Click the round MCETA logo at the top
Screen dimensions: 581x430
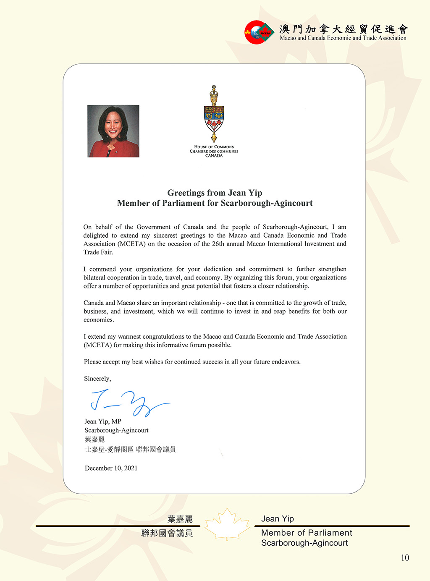(x=259, y=32)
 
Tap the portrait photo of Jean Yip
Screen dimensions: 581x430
(x=113, y=131)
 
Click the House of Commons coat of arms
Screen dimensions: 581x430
(x=214, y=114)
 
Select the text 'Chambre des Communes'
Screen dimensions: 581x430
(x=214, y=151)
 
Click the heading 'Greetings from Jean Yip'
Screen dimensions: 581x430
(x=215, y=193)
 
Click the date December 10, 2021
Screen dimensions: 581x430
(x=111, y=468)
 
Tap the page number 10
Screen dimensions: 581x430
(x=405, y=557)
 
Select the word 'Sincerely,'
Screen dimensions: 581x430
(x=97, y=378)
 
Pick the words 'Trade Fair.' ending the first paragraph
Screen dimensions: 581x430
(x=98, y=252)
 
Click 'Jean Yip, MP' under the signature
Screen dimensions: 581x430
(x=103, y=421)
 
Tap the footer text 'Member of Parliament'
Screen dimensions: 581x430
(x=307, y=533)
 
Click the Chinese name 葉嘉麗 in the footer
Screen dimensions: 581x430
(x=180, y=519)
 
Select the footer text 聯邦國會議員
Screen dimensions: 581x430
(x=167, y=533)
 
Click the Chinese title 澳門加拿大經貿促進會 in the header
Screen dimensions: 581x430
(x=343, y=29)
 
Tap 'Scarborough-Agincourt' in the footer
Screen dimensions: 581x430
(x=304, y=543)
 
